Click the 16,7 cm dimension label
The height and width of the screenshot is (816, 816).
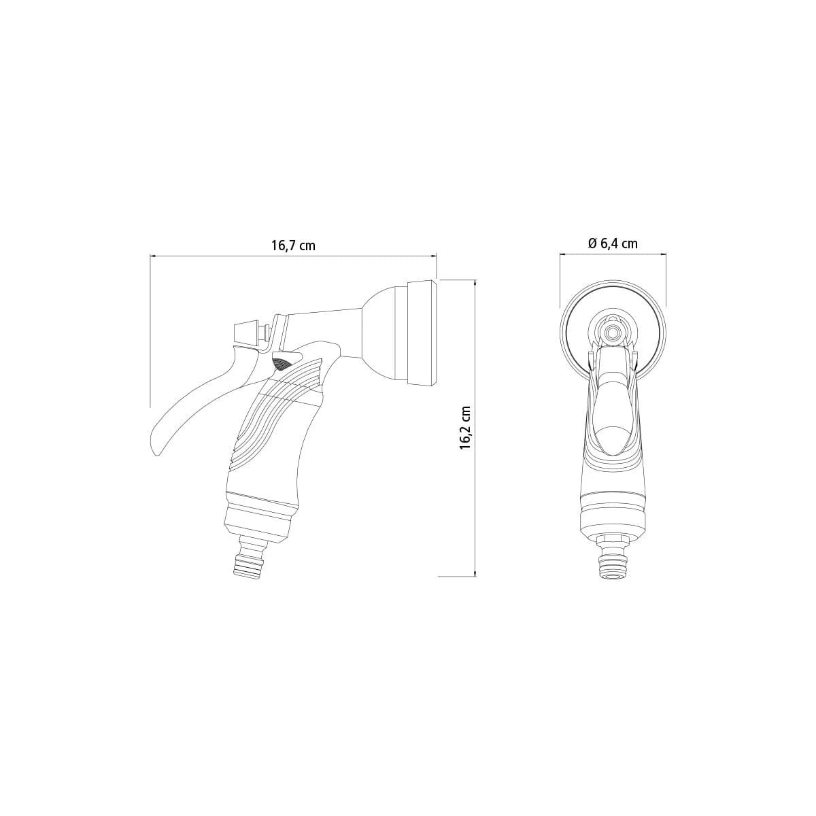click(294, 245)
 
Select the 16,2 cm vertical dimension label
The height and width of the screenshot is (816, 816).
click(465, 428)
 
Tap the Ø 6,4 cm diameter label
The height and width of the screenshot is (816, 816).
click(613, 243)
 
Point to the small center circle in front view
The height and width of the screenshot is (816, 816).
click(613, 332)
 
